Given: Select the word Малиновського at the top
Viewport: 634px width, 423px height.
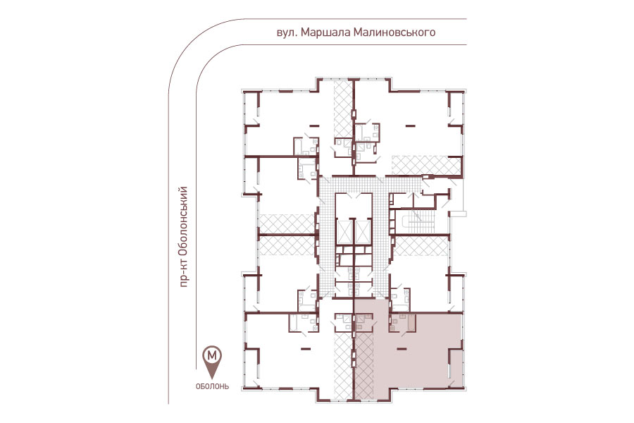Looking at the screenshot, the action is (394, 32).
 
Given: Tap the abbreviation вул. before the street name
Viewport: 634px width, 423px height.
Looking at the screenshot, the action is (287, 32).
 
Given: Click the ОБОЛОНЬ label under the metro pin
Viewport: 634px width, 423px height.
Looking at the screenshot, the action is (212, 386).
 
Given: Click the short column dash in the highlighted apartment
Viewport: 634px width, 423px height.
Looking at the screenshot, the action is (402, 348).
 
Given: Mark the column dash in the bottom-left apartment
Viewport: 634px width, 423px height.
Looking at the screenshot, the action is (306, 348).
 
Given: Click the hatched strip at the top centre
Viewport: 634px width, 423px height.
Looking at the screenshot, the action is (343, 109).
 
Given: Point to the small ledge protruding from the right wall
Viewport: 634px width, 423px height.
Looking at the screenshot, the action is (459, 214).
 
